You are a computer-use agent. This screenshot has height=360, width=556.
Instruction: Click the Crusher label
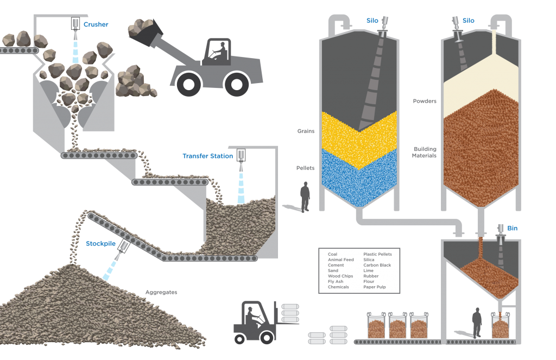coord(96,24)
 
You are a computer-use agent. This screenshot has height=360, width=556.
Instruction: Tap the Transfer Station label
coord(208,156)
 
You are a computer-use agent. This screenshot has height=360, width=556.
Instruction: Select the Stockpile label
coord(100,244)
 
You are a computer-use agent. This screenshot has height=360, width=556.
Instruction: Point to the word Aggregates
coord(161,292)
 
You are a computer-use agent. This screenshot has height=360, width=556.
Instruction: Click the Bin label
coord(513,229)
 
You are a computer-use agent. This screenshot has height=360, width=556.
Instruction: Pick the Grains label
coord(306,131)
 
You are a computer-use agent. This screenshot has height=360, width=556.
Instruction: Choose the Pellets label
coord(305,168)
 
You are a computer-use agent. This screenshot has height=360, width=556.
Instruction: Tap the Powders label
coord(425,101)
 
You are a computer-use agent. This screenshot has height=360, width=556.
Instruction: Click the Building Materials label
coord(425,152)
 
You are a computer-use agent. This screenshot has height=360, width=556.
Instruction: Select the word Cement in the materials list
coord(336,266)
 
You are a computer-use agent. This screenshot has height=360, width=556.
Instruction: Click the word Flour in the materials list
coord(369,282)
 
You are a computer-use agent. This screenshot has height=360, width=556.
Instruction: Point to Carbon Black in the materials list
coord(377,266)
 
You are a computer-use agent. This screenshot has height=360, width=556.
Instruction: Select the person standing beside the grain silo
coord(305,197)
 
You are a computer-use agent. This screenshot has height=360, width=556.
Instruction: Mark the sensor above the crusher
coord(75,24)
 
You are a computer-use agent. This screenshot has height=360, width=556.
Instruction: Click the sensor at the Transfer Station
coord(241,155)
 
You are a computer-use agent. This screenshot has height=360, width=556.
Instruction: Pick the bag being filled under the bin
coord(500,325)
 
